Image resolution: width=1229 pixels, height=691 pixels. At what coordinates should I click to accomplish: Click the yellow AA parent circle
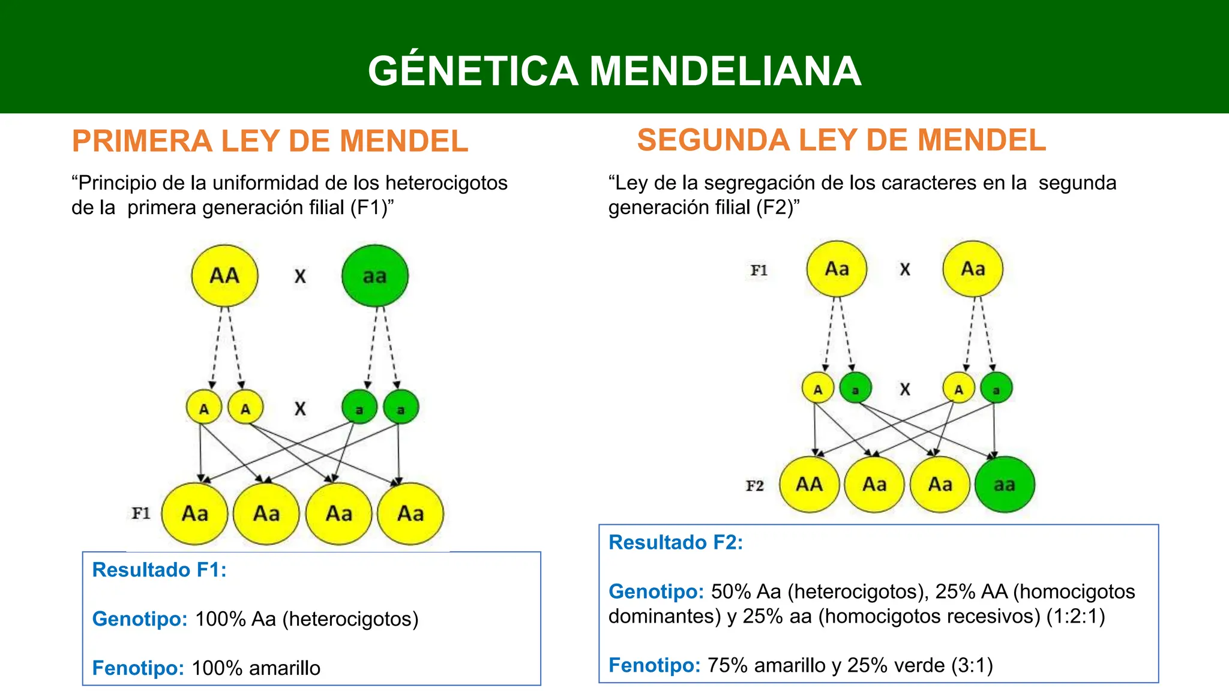coord(224,275)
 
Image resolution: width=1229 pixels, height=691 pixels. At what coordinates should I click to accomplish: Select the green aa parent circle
coord(375,275)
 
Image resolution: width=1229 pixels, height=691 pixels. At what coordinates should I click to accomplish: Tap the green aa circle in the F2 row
coord(1005,484)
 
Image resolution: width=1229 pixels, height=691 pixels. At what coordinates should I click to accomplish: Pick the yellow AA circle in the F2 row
coord(810,484)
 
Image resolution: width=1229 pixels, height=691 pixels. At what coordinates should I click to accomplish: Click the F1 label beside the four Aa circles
coord(141,513)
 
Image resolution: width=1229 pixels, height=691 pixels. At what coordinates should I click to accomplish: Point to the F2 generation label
coord(755,485)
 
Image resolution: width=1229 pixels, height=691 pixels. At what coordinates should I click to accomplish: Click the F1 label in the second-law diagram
coord(759,270)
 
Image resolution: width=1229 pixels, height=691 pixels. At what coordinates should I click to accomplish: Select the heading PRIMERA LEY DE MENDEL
coord(270,141)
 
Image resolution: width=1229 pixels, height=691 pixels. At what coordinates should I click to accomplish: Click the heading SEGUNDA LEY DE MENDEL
coord(841,140)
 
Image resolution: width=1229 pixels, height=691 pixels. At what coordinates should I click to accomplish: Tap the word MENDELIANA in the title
coord(726,71)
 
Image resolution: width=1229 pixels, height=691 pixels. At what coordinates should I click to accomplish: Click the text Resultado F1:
coord(160,569)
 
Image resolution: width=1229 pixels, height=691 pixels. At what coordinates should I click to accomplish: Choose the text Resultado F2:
coord(676,542)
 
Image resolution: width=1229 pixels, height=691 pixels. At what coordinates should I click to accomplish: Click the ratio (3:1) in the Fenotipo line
coord(972,665)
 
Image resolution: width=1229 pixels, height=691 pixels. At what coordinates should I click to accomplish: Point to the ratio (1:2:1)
coord(1075,616)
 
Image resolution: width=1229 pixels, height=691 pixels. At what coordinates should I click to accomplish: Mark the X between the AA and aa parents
coord(300,276)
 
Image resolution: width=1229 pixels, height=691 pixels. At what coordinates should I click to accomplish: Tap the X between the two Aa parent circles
coord(905,269)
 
